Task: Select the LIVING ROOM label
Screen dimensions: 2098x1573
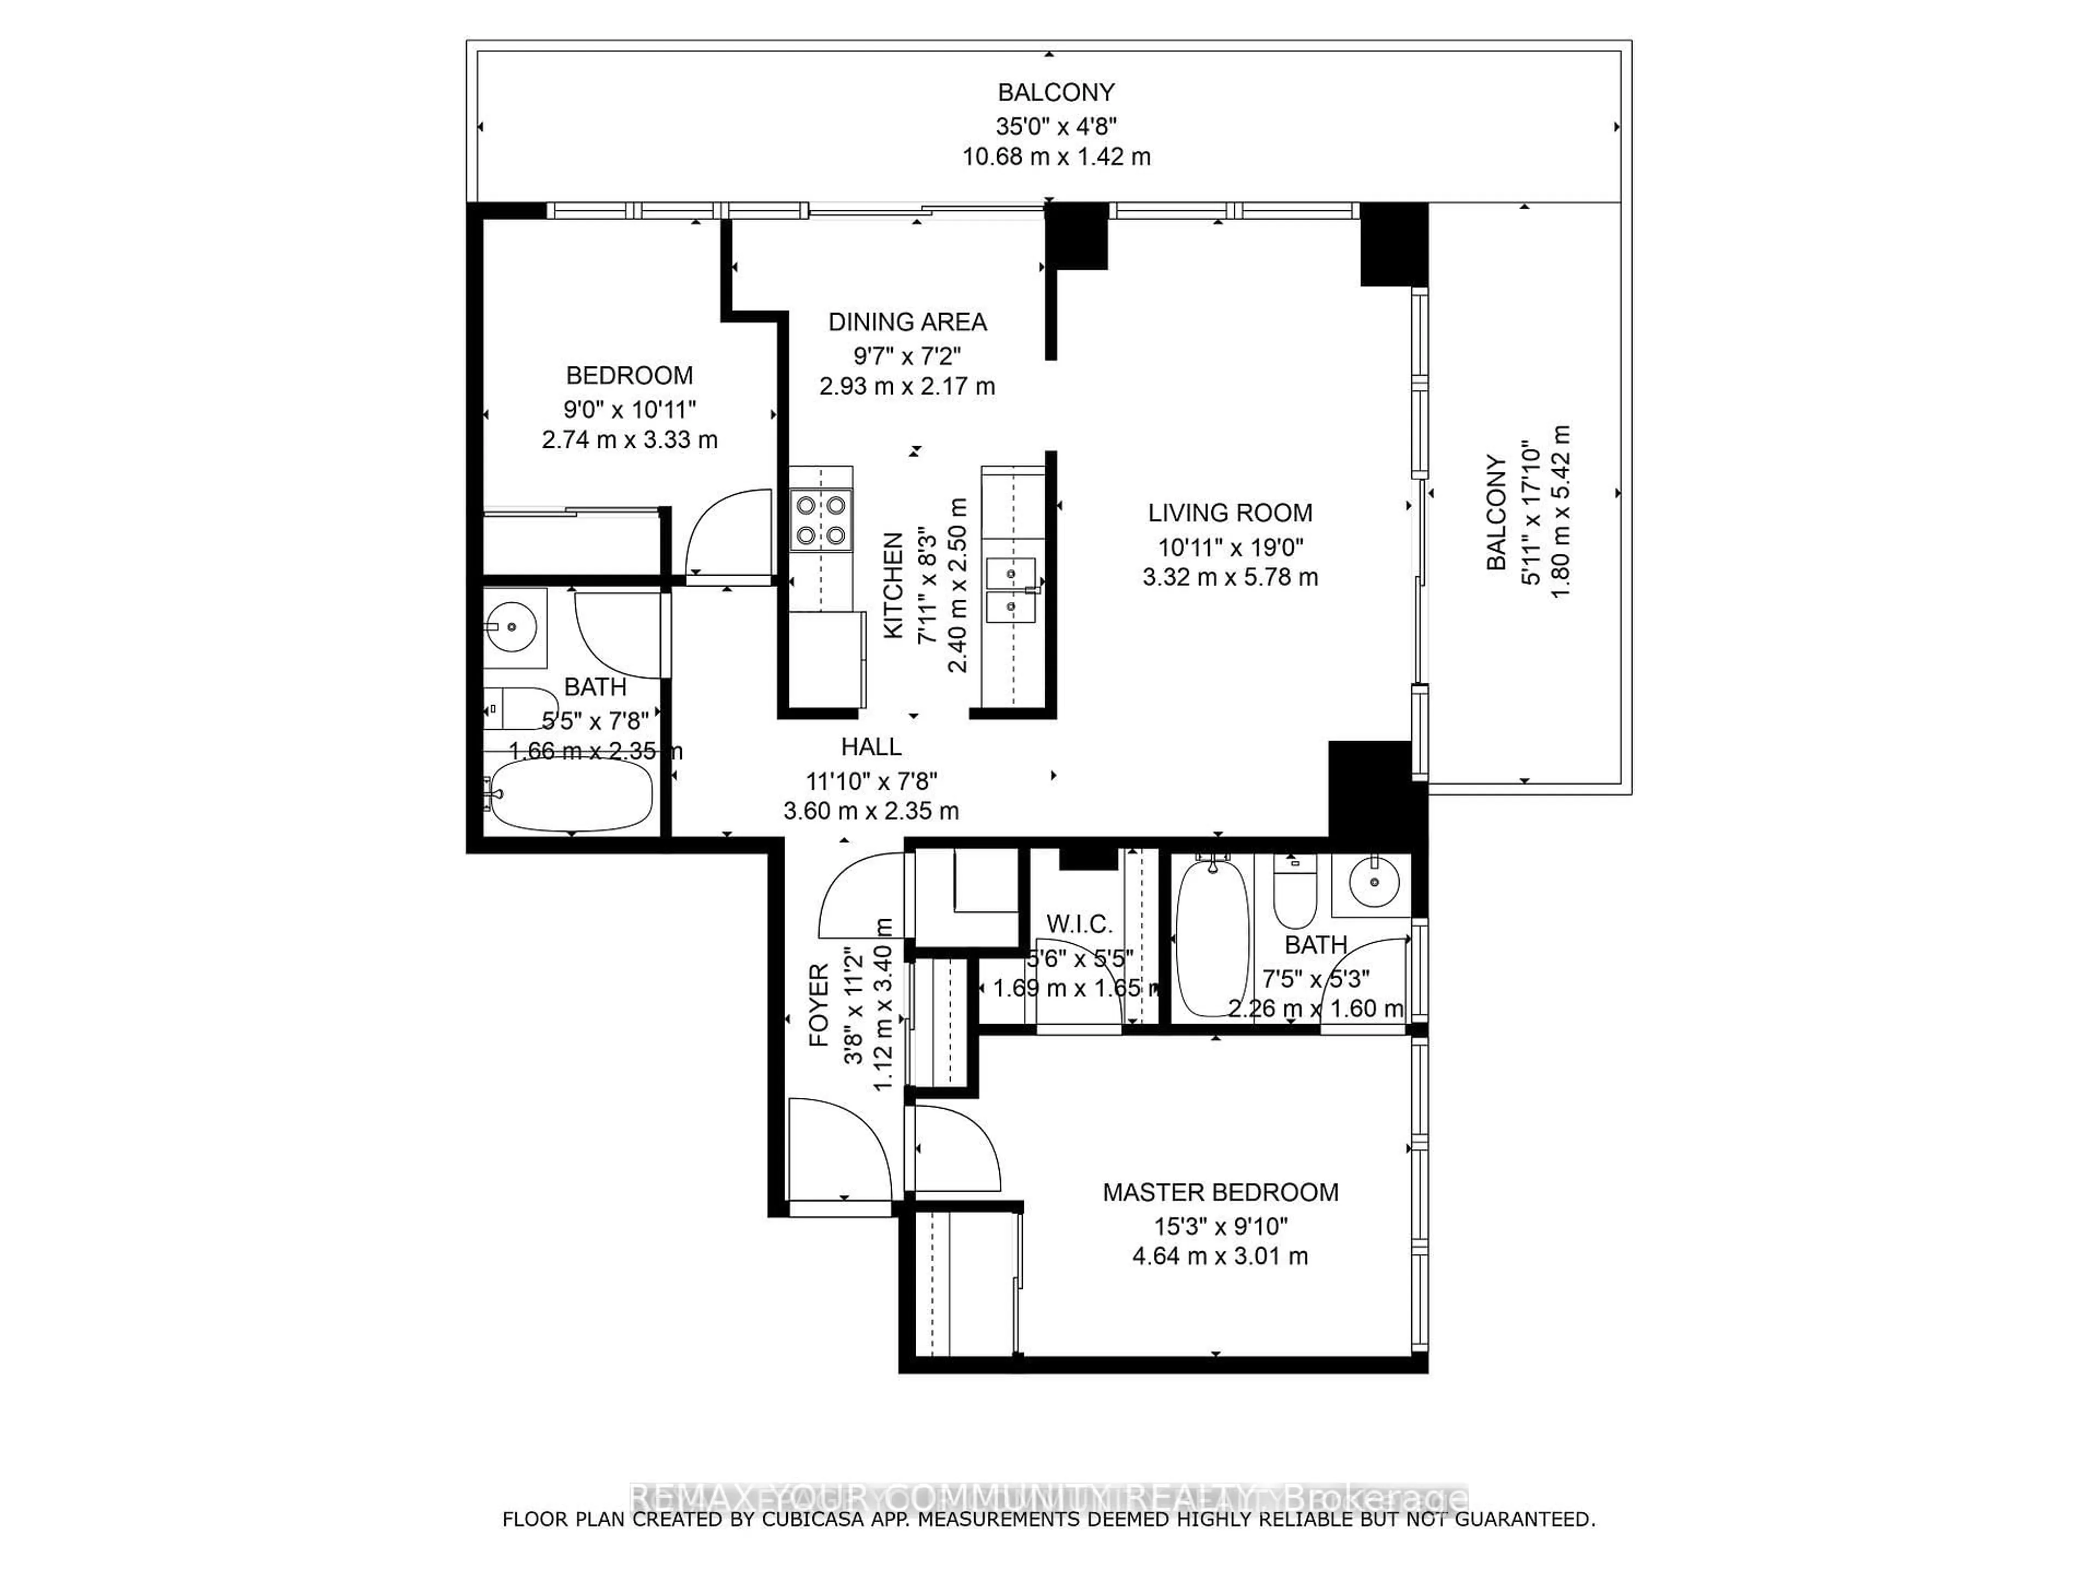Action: click(1230, 513)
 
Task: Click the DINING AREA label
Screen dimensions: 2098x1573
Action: click(907, 322)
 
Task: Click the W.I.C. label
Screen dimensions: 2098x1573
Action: click(1080, 924)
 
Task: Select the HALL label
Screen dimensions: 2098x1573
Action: click(871, 747)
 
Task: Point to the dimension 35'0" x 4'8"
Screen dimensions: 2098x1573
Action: click(1056, 125)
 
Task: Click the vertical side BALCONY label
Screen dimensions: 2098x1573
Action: click(1496, 512)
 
